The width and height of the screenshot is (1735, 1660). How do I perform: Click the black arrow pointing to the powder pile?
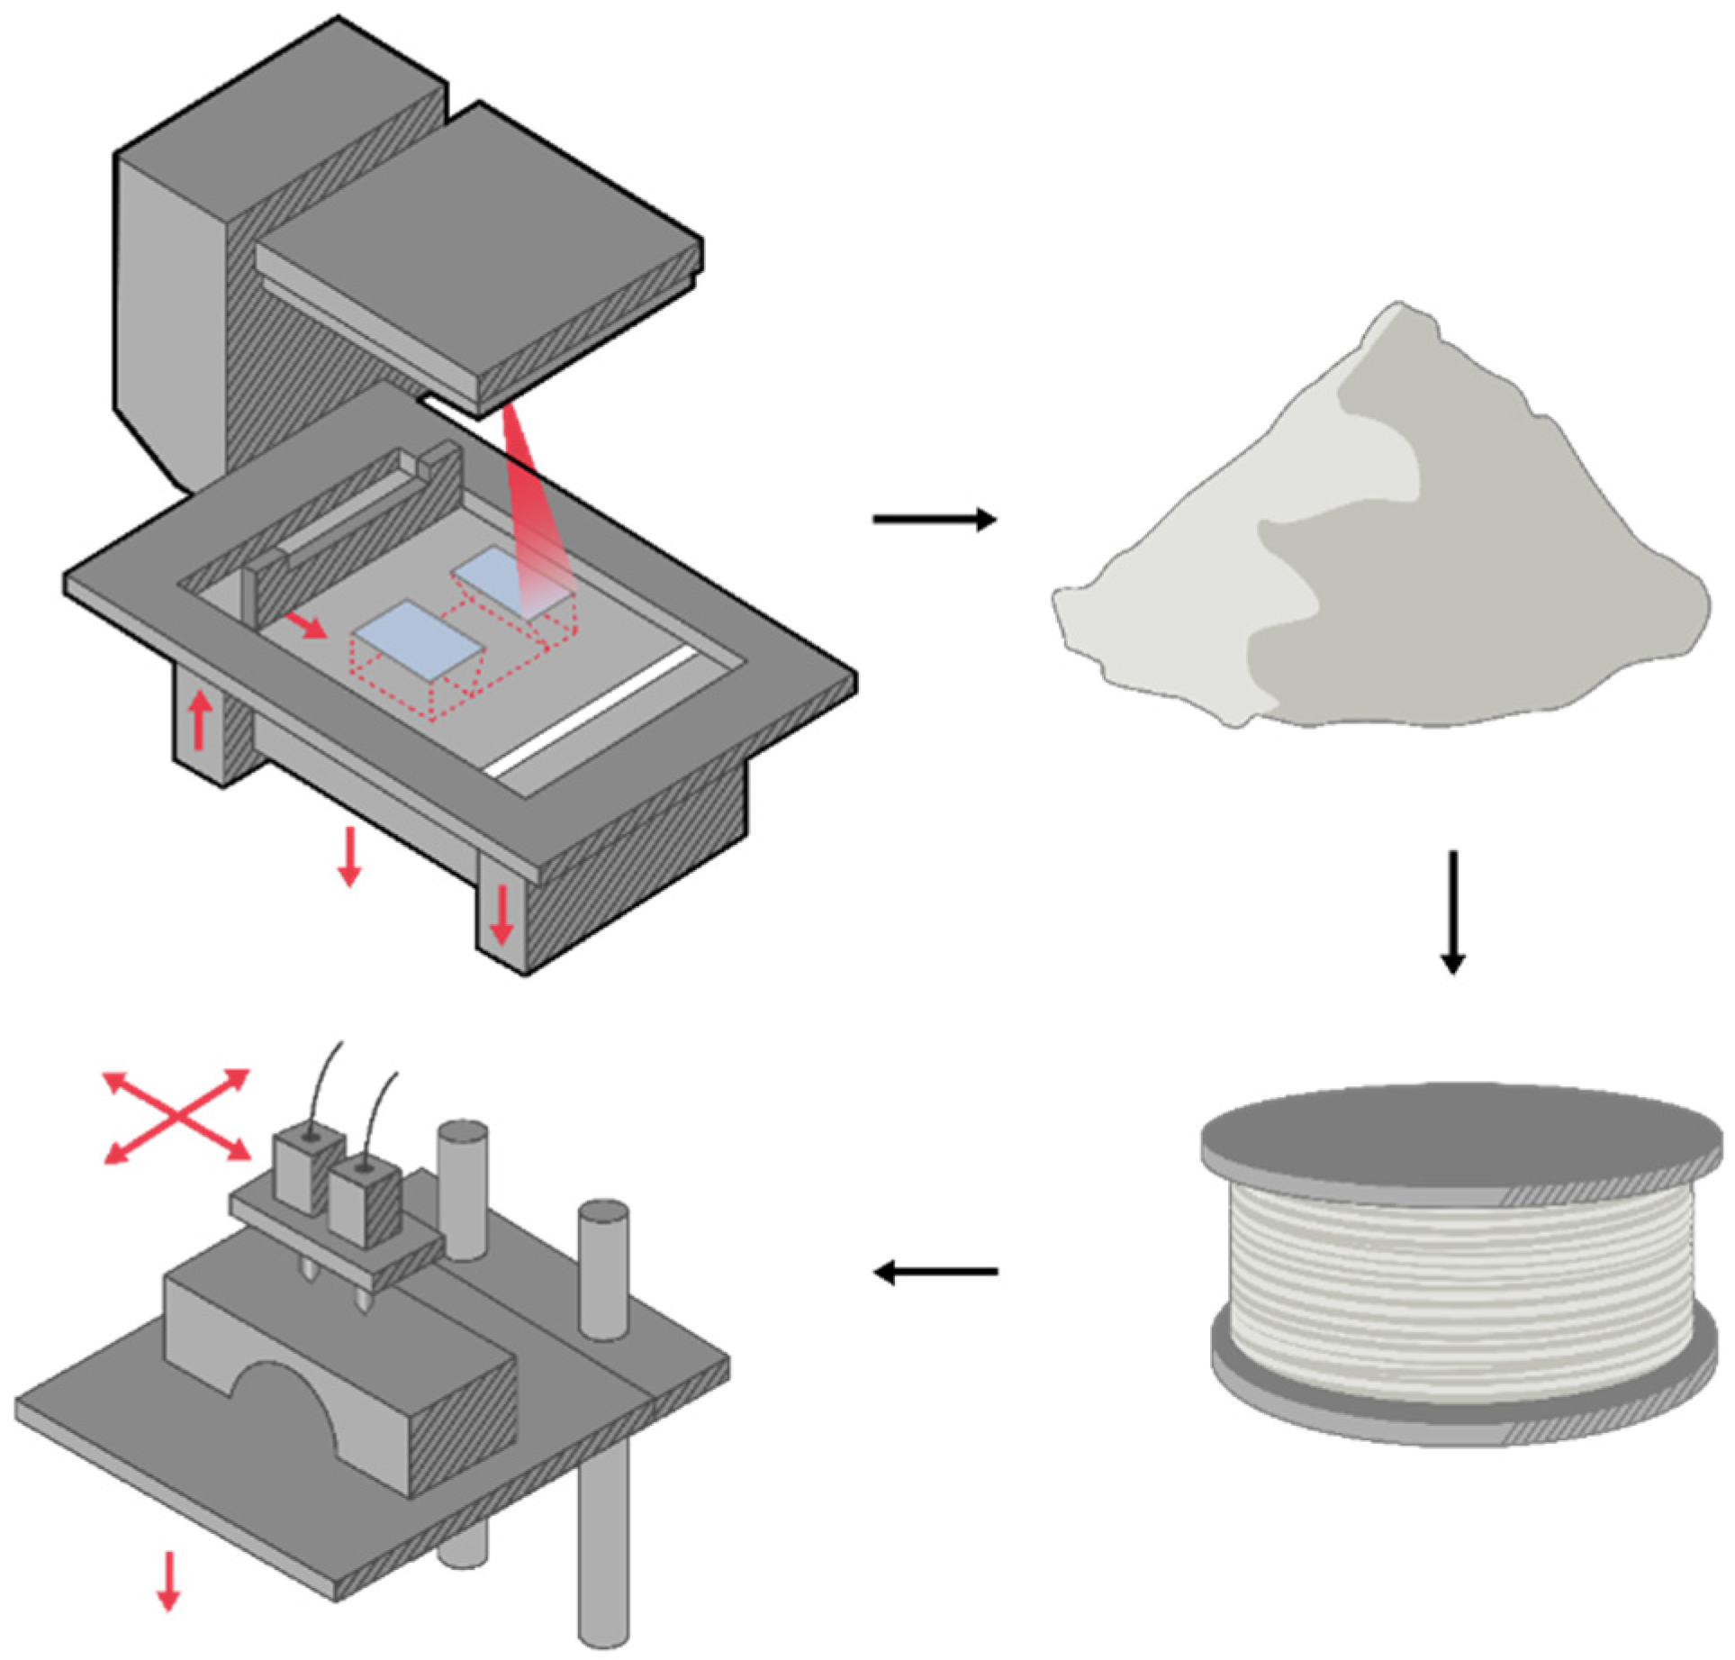pos(935,520)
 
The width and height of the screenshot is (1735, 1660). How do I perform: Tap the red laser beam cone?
pos(527,504)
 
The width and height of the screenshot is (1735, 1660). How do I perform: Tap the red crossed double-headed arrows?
pos(177,1117)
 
